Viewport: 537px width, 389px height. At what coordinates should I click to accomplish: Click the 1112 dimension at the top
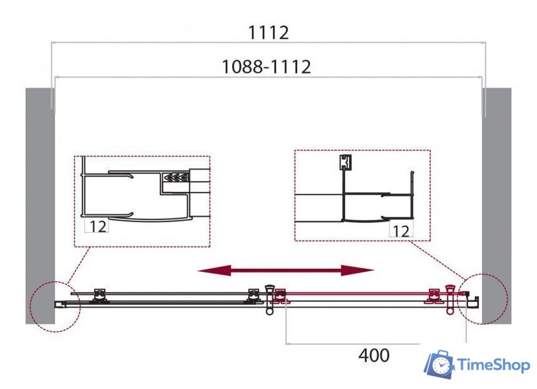268,33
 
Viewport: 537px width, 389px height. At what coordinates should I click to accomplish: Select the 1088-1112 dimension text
267,67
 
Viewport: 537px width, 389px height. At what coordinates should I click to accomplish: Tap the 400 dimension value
373,356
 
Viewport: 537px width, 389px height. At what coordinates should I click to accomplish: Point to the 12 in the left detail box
98,226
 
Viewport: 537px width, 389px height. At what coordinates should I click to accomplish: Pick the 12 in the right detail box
401,232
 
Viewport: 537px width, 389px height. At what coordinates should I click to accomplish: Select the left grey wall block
40,206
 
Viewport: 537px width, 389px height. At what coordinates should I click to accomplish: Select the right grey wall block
497,206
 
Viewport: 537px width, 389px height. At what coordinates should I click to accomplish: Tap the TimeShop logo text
494,365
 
